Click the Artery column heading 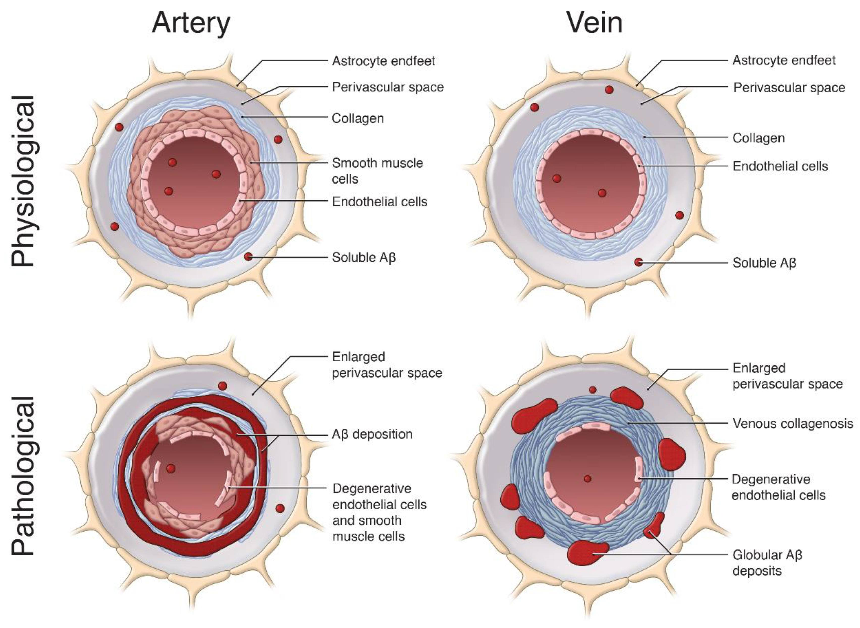[191, 23]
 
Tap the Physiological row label [23, 181]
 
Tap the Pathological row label [23, 476]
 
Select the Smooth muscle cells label [377, 171]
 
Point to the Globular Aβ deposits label [767, 563]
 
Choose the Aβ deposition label [372, 434]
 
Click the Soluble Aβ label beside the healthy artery [364, 258]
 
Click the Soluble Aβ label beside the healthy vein [764, 263]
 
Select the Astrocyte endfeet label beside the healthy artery [383, 61]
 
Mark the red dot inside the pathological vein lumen [587, 479]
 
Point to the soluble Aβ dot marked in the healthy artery [248, 257]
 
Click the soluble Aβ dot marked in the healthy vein [638, 262]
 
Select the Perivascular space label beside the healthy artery [388, 87]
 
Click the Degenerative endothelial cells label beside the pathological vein [778, 487]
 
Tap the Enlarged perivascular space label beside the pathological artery [387, 365]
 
